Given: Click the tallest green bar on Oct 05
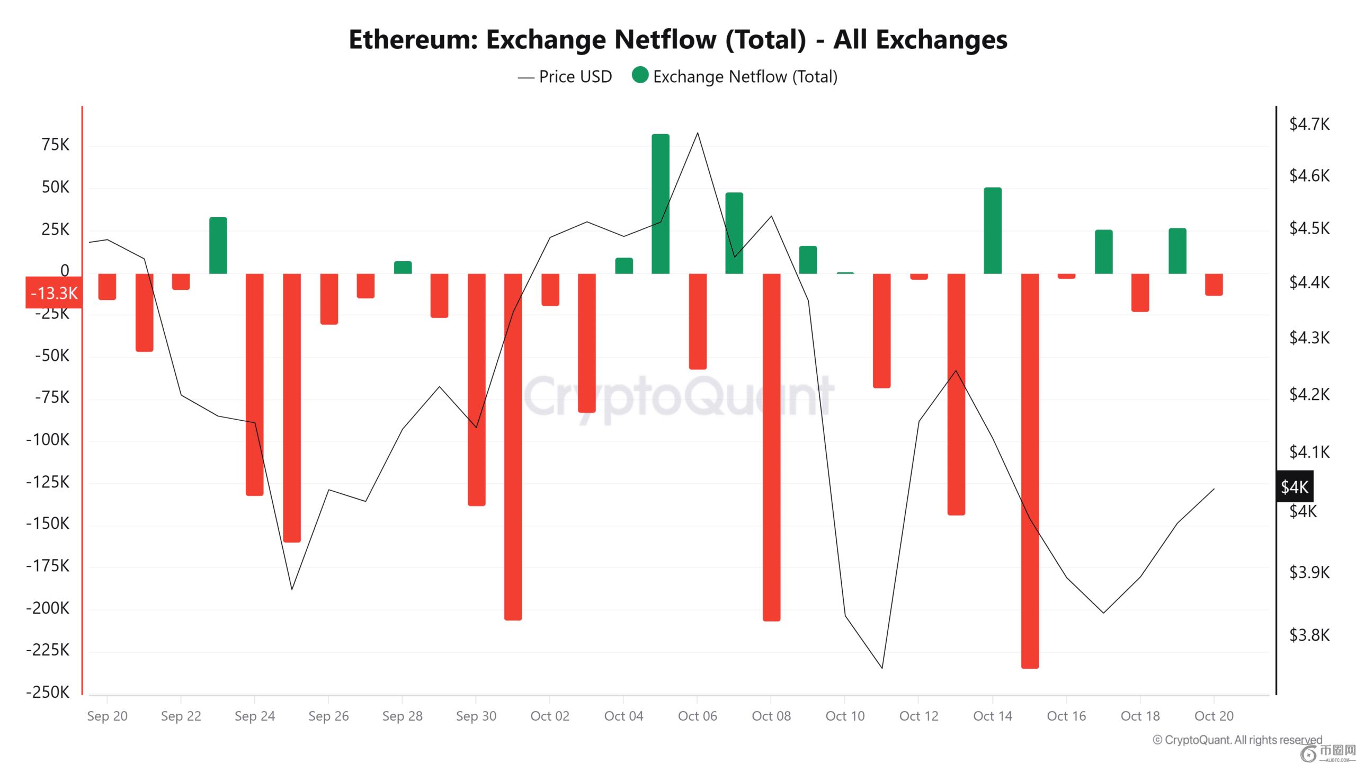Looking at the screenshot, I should [660, 204].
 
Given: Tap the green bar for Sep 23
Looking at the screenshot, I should [218, 245].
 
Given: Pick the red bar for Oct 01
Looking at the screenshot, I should [513, 447].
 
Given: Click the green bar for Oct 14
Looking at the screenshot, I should [992, 230].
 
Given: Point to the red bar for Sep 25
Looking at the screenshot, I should [292, 407].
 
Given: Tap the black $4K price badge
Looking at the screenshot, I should [1295, 486].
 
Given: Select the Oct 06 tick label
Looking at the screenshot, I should [697, 716].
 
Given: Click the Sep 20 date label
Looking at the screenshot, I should [107, 716].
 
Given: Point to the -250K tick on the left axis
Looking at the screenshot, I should [48, 693].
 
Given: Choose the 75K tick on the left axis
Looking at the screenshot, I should [55, 145].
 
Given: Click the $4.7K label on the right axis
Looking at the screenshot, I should [1309, 125].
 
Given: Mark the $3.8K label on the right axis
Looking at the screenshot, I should [1309, 635].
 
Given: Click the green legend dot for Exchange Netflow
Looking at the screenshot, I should [640, 75].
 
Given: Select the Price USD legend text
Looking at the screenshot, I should [575, 77].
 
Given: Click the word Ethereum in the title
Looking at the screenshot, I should [413, 40].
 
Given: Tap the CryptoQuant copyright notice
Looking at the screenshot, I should [1237, 740].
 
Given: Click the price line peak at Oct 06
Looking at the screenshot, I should [697, 133].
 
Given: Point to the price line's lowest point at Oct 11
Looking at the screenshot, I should [882, 668].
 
